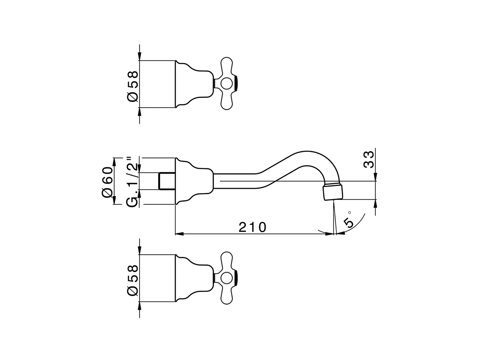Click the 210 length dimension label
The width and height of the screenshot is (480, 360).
pyautogui.click(x=252, y=227)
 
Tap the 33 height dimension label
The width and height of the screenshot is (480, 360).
pyautogui.click(x=369, y=160)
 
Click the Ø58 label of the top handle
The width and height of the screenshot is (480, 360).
pyautogui.click(x=132, y=86)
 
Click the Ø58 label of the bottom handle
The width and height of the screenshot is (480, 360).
pyautogui.click(x=132, y=280)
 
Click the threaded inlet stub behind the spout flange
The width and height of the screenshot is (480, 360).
pyautogui.click(x=167, y=181)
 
